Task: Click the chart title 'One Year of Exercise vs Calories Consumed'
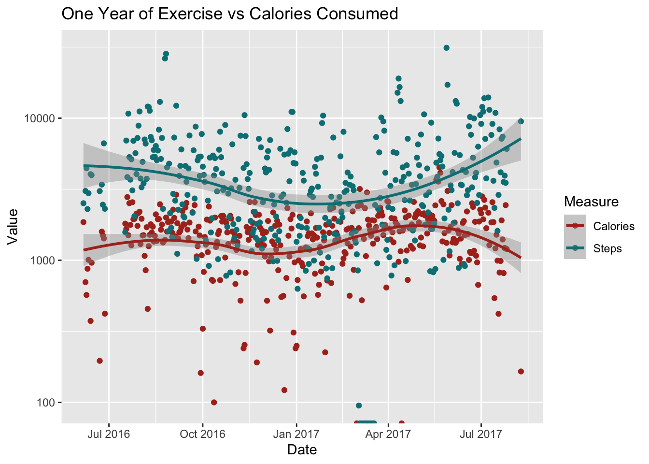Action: click(x=230, y=14)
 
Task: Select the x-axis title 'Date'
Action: click(x=302, y=450)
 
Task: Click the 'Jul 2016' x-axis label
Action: click(x=109, y=434)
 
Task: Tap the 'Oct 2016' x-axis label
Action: click(x=202, y=434)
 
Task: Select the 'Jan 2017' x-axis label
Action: click(x=296, y=434)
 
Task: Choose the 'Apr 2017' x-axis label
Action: click(x=388, y=434)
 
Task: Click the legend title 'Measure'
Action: click(x=591, y=202)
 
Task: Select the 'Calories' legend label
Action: click(x=614, y=226)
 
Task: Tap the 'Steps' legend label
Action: click(x=607, y=248)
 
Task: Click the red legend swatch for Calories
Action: click(x=575, y=226)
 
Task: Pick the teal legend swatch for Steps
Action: click(x=575, y=248)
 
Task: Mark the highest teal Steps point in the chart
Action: click(x=447, y=47)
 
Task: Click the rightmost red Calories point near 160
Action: click(x=521, y=371)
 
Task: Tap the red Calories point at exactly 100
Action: click(x=214, y=402)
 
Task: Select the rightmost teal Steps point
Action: click(x=521, y=121)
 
